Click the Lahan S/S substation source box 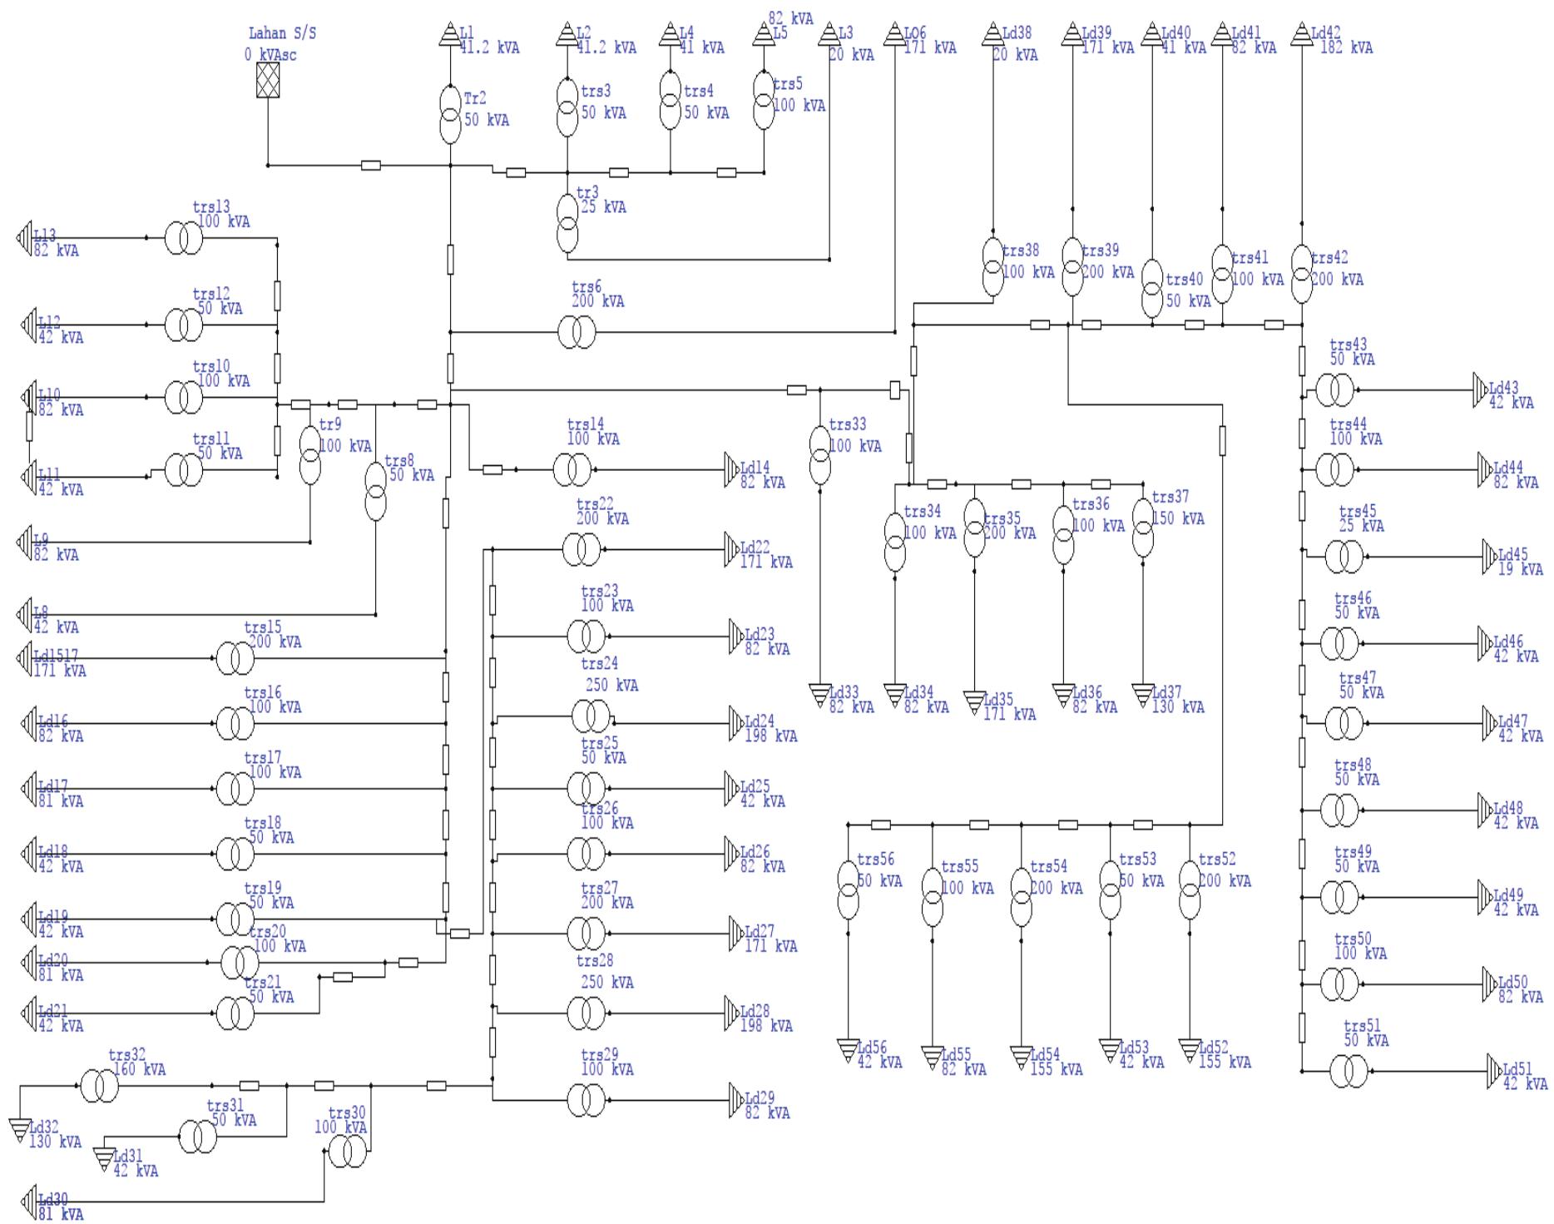click(x=268, y=81)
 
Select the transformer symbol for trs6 click(x=576, y=333)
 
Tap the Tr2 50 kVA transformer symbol click(x=450, y=114)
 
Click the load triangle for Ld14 click(x=731, y=470)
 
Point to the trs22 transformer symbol click(x=581, y=549)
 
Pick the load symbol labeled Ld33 click(x=820, y=694)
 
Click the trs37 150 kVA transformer click(x=1143, y=528)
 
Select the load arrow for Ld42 click(x=1302, y=35)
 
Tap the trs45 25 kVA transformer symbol click(x=1344, y=556)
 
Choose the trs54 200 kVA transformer click(x=1022, y=897)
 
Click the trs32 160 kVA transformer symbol click(x=99, y=1086)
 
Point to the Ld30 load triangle click(x=27, y=1202)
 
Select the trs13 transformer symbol click(x=183, y=238)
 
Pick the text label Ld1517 click(x=56, y=657)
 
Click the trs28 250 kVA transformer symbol click(x=586, y=1013)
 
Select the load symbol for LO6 click(x=894, y=35)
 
